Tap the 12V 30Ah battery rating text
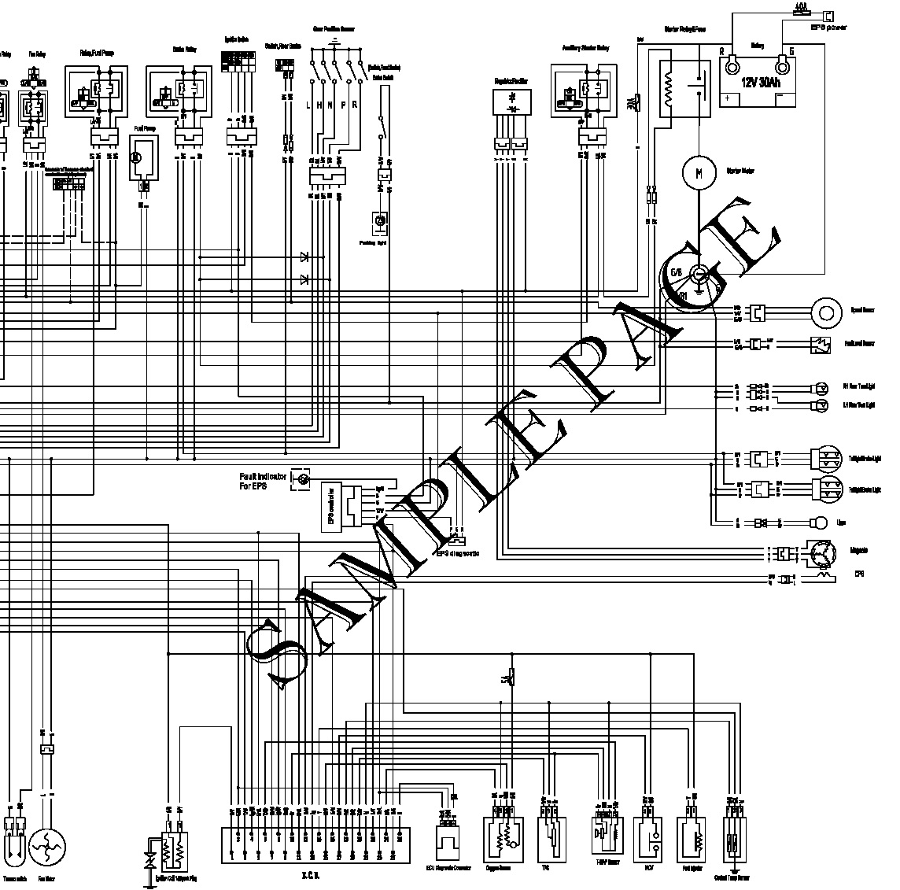click(763, 82)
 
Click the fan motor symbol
click(47, 848)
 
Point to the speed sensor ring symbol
click(826, 312)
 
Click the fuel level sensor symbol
click(820, 344)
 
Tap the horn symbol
click(819, 523)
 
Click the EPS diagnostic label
click(458, 553)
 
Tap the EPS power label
click(828, 27)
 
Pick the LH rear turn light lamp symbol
click(820, 405)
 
